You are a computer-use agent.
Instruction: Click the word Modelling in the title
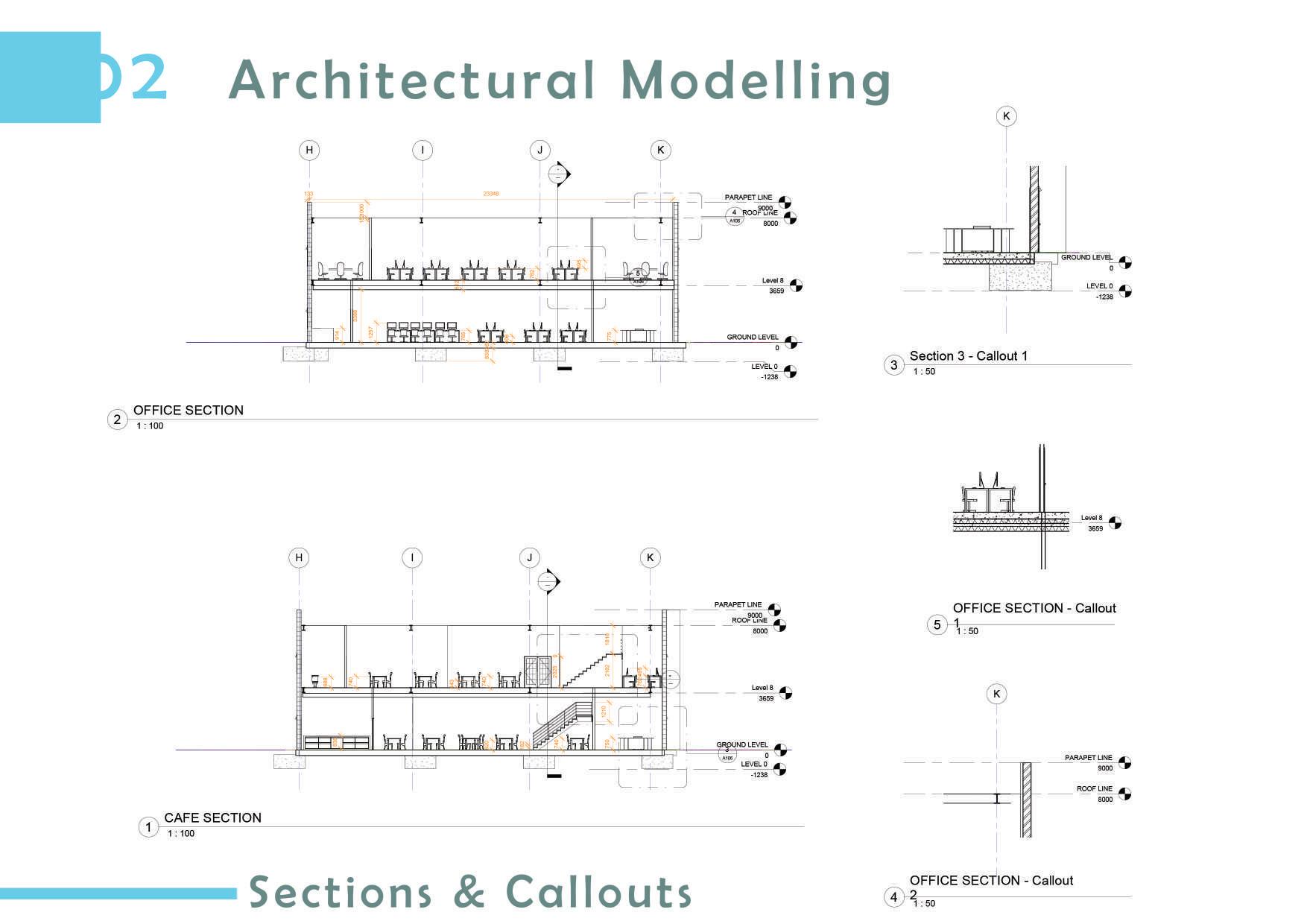click(756, 80)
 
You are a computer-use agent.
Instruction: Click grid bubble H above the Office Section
click(309, 150)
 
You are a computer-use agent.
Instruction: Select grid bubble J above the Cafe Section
click(530, 557)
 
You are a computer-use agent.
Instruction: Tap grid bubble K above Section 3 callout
click(1007, 115)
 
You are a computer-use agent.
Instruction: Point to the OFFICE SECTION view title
click(188, 410)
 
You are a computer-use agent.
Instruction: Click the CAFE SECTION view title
click(212, 817)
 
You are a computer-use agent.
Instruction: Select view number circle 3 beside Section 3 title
click(893, 365)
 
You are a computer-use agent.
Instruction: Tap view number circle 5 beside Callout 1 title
click(937, 624)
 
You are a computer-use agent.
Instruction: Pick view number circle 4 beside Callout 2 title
click(893, 896)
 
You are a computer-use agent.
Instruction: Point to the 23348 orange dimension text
click(490, 194)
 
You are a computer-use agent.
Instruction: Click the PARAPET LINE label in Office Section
click(748, 197)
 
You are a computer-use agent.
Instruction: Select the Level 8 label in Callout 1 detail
click(1092, 518)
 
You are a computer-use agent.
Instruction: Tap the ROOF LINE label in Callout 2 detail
click(1094, 788)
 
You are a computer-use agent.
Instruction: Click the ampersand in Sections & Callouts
click(469, 892)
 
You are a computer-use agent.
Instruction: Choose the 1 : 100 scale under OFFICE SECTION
click(150, 426)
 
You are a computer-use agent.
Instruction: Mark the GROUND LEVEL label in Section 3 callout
click(1086, 257)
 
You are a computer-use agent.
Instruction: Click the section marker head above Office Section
click(559, 174)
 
